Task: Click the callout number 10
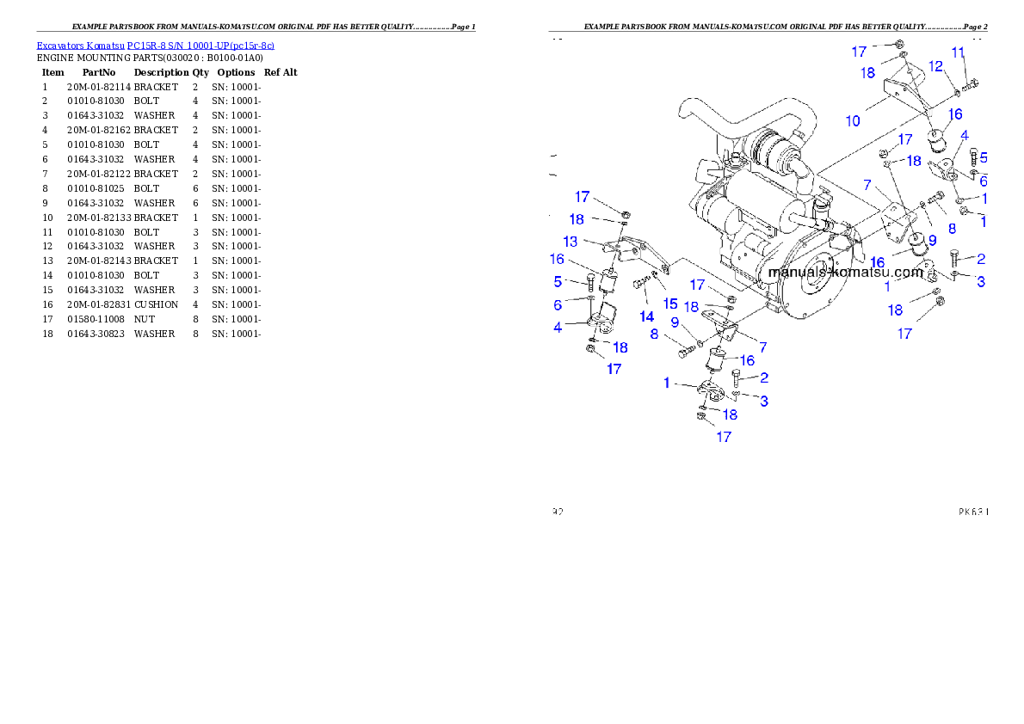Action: point(852,121)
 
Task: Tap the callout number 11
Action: point(958,52)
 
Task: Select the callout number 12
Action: point(935,66)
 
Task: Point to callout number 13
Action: point(571,242)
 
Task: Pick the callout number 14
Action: point(646,316)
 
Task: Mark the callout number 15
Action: point(670,304)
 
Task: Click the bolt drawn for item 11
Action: point(972,83)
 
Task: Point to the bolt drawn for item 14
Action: point(640,282)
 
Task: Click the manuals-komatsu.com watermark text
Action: point(845,272)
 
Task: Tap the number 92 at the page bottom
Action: point(558,512)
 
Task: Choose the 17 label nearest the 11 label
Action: point(859,52)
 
